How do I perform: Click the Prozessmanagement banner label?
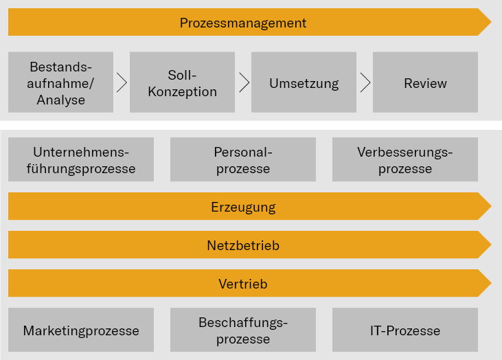(x=243, y=23)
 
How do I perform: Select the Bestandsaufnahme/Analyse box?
(x=60, y=82)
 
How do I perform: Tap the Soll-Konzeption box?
(x=182, y=82)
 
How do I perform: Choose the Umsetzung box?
(x=304, y=83)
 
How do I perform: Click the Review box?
(x=425, y=83)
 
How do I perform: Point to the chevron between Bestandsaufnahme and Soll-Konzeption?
(x=122, y=83)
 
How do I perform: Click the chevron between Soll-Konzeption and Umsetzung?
(x=244, y=83)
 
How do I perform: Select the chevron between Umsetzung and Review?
(x=365, y=83)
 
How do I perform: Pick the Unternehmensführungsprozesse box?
(x=81, y=159)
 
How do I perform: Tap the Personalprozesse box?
(x=243, y=159)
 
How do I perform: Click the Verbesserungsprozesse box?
(x=405, y=159)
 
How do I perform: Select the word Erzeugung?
(x=243, y=207)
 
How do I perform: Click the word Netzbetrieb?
(x=243, y=245)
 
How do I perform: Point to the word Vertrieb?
(x=243, y=284)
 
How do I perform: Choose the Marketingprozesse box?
(x=81, y=330)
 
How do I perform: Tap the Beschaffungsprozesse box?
(x=243, y=330)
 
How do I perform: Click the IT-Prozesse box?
(x=405, y=330)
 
